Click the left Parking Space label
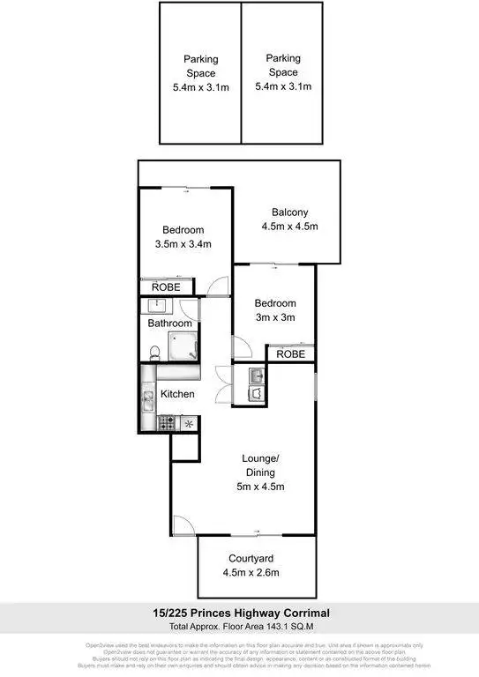[200, 66]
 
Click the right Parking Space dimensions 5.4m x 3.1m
[283, 86]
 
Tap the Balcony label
[289, 212]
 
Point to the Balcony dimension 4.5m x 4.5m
[289, 227]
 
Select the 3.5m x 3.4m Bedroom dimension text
[183, 244]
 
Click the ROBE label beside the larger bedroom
[166, 287]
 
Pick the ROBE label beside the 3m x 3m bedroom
[291, 353]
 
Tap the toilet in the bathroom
[154, 353]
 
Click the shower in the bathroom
[183, 347]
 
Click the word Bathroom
[169, 324]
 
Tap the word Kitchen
[176, 394]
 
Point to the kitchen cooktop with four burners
[166, 424]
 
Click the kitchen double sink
[147, 401]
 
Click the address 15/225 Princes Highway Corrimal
[240, 613]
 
